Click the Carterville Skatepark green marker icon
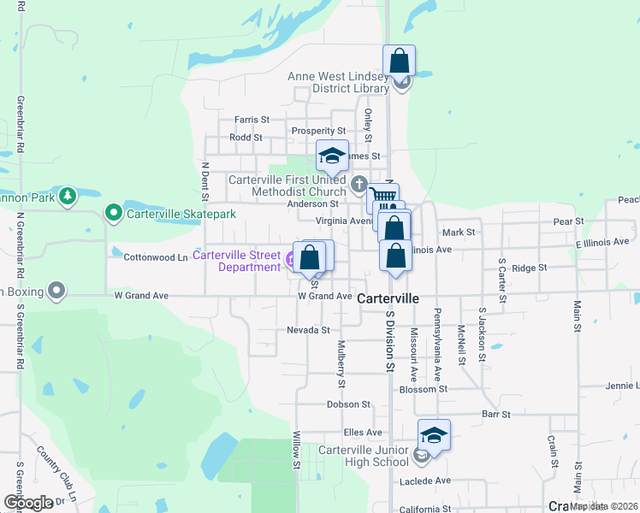point(113,213)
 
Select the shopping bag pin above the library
point(399,62)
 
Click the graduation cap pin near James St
point(332,156)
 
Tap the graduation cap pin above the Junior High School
point(434,435)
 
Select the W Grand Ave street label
point(325,296)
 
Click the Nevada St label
point(308,330)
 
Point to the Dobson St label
point(348,404)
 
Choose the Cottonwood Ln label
point(156,256)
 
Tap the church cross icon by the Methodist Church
point(359,184)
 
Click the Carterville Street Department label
point(236,261)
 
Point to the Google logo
point(28,503)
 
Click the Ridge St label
point(530,268)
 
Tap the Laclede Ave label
point(424,481)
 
